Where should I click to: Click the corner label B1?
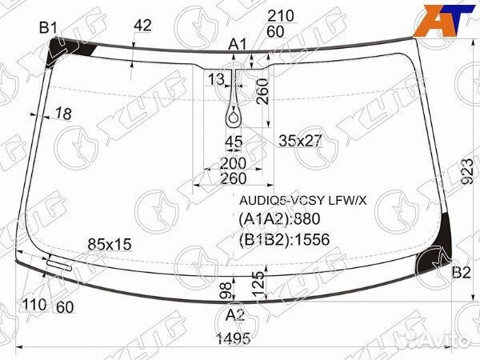click(x=48, y=29)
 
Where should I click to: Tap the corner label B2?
click(x=461, y=273)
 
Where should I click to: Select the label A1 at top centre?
click(x=238, y=45)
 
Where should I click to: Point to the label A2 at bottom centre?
click(x=235, y=314)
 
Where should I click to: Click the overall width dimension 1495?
click(x=234, y=338)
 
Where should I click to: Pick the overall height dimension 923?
click(x=467, y=171)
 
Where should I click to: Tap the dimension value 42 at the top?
click(x=142, y=26)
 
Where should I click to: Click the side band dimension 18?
click(x=64, y=114)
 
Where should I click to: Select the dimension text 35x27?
click(x=300, y=141)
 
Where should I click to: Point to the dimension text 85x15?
click(x=110, y=244)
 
